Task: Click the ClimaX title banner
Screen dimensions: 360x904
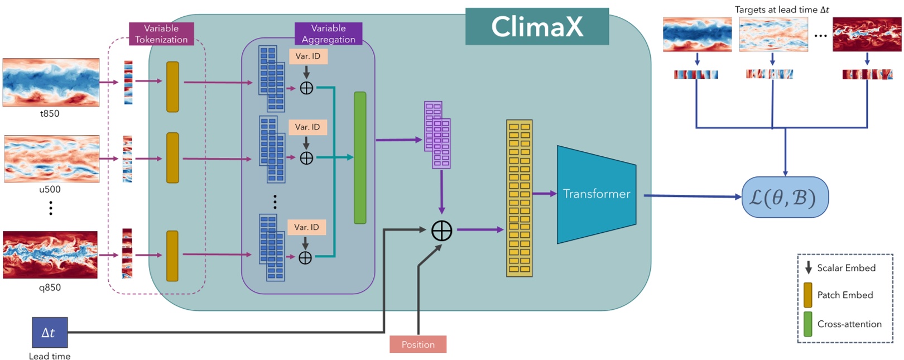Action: click(x=537, y=26)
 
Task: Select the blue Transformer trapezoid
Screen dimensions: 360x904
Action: click(x=596, y=194)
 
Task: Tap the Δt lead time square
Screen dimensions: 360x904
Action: click(x=50, y=333)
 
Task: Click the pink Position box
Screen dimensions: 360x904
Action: click(x=417, y=344)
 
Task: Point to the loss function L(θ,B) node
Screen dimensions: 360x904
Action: click(x=785, y=197)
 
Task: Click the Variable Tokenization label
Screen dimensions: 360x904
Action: click(x=161, y=34)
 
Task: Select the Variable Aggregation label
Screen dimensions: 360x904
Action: click(x=328, y=34)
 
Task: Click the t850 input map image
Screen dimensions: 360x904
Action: click(x=51, y=82)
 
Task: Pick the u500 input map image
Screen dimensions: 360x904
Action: click(x=51, y=159)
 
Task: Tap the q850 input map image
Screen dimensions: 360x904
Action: click(x=50, y=255)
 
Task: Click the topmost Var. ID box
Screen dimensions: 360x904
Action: click(x=308, y=56)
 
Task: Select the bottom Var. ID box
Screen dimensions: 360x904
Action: click(x=307, y=227)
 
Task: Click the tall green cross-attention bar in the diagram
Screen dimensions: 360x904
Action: click(x=360, y=158)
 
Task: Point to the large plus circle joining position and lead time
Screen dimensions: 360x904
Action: click(x=441, y=231)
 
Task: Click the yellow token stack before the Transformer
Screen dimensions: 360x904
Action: click(x=519, y=198)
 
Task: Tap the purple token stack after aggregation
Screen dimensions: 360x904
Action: click(x=437, y=135)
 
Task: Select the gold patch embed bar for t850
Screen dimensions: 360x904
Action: click(x=172, y=87)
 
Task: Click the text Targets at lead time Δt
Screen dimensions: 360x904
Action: click(x=781, y=9)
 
